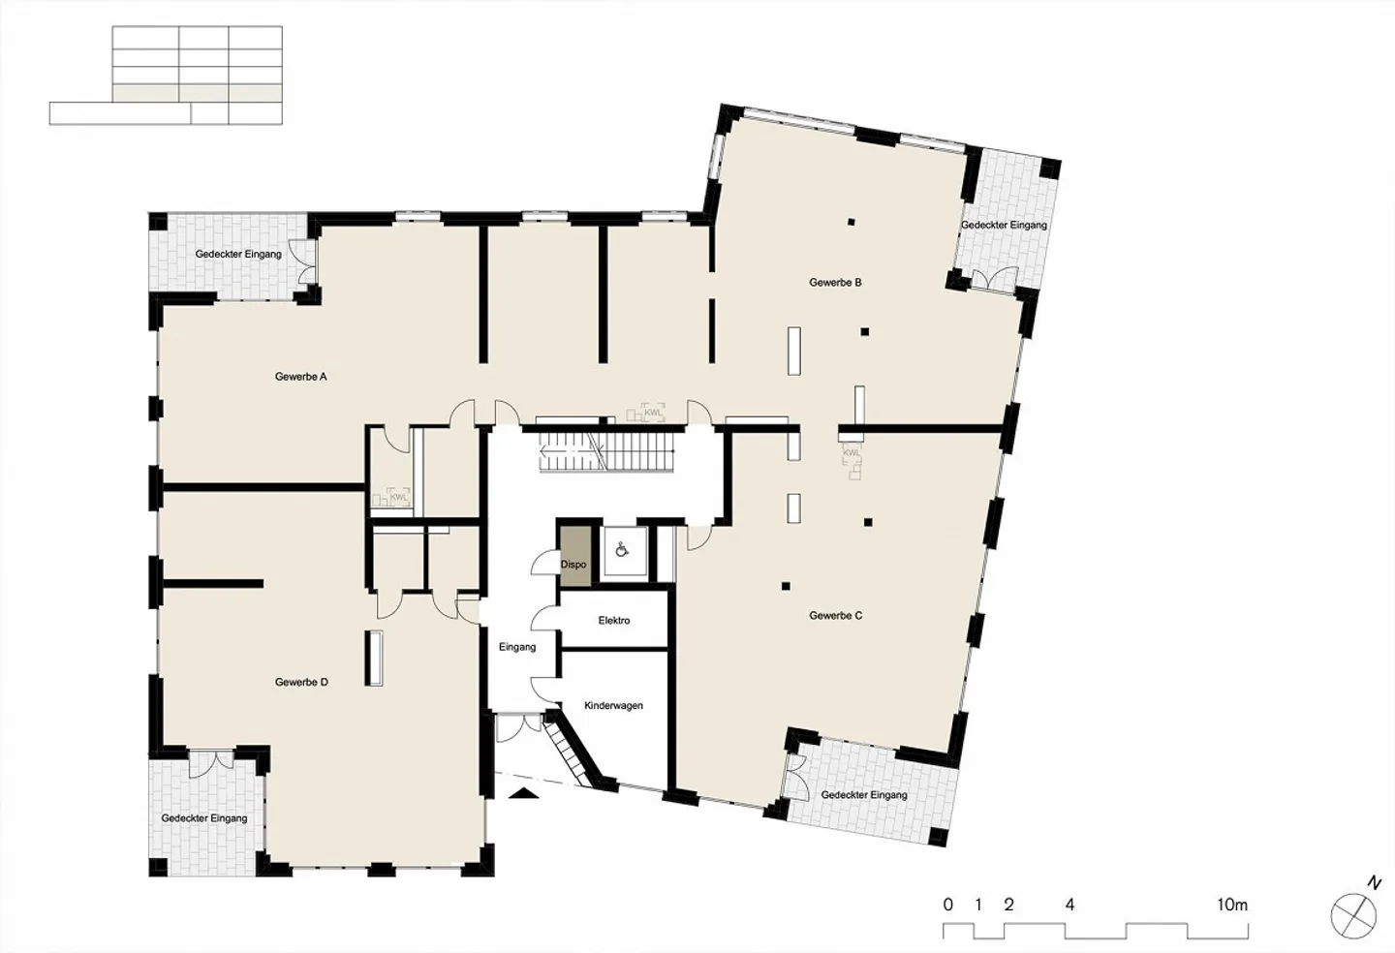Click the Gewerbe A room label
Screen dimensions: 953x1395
(x=300, y=377)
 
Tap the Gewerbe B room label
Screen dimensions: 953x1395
(x=835, y=283)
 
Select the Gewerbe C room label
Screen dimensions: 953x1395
(x=835, y=616)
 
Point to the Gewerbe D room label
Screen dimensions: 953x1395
(x=301, y=683)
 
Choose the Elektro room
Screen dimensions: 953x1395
(x=614, y=621)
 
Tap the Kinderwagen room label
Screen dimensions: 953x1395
(x=613, y=706)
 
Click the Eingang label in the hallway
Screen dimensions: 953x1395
(x=517, y=647)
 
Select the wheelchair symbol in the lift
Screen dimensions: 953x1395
(x=624, y=550)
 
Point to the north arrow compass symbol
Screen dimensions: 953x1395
(x=1353, y=914)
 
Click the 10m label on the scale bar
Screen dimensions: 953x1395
(x=1232, y=906)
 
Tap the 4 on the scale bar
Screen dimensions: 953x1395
(x=1069, y=906)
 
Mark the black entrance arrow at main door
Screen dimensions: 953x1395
(x=523, y=794)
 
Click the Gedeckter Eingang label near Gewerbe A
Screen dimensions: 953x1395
(x=238, y=255)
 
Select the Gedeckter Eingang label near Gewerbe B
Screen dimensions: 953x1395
(x=1004, y=226)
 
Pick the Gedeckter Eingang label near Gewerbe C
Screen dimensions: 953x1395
(x=864, y=795)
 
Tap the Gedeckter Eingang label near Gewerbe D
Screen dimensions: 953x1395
(x=204, y=818)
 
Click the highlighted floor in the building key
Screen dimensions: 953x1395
(x=198, y=93)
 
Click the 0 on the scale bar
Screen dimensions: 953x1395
(x=947, y=906)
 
